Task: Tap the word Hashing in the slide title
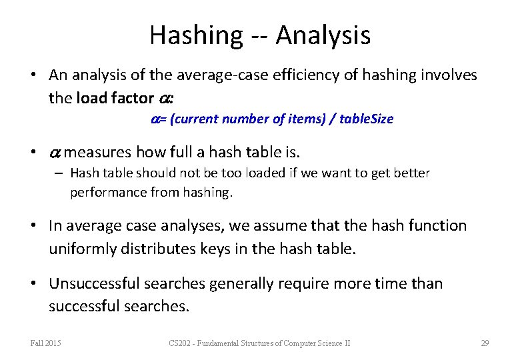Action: point(197,35)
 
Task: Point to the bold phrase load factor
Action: point(115,98)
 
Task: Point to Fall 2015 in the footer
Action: point(45,343)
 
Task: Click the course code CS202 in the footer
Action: point(180,343)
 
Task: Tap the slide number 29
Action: point(485,343)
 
